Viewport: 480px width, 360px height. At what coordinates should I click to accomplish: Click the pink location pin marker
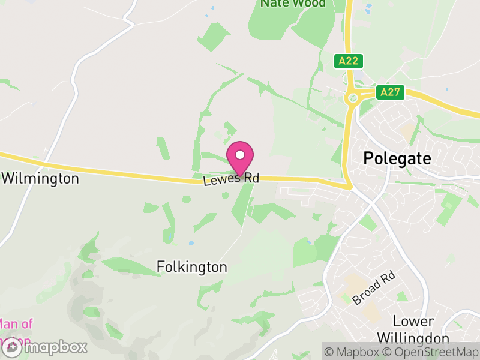(240, 159)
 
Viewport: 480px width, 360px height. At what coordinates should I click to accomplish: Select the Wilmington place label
(40, 179)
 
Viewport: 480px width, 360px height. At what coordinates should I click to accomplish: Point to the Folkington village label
(192, 266)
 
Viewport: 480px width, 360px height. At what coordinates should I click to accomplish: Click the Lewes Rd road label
(231, 179)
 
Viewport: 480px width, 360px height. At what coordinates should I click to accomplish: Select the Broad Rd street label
(374, 288)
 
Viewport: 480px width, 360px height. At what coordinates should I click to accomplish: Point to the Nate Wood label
(293, 4)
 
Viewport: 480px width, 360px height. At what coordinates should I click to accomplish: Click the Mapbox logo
(45, 347)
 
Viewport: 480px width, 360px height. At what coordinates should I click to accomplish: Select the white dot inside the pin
(240, 155)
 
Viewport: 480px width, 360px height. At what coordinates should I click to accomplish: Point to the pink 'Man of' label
(16, 324)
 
